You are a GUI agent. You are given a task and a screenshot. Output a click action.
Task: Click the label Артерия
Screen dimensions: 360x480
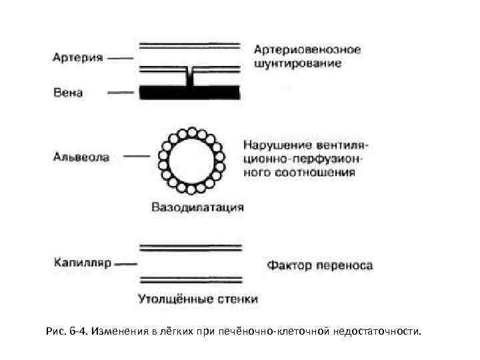(x=77, y=58)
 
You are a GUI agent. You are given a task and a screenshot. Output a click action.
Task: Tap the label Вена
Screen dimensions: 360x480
(x=67, y=93)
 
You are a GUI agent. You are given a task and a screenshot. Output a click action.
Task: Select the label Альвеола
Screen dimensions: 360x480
(x=81, y=158)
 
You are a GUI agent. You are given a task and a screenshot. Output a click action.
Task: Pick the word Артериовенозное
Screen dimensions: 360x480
(x=307, y=50)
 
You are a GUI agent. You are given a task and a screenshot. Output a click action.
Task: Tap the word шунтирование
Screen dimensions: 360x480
(x=298, y=64)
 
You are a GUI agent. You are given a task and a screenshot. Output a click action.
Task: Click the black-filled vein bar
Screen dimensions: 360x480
(x=190, y=93)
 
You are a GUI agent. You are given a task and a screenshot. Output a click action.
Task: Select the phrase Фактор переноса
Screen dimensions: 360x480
(x=320, y=266)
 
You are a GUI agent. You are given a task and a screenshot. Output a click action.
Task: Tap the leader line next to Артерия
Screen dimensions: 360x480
(x=119, y=58)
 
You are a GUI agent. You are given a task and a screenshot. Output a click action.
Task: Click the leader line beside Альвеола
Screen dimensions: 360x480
(x=137, y=158)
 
